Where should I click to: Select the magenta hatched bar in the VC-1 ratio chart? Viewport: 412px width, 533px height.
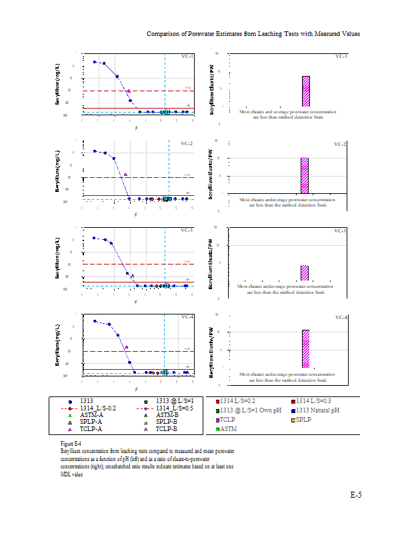pos(306,91)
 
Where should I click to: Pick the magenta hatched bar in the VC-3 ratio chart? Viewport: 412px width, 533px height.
pos(305,272)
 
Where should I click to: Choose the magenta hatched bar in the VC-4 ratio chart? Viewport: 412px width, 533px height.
pos(305,348)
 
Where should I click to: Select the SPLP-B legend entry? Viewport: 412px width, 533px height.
pos(166,422)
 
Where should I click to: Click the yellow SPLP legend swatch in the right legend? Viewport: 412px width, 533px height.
pos(293,420)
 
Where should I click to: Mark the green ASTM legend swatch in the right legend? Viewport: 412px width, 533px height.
pos(217,430)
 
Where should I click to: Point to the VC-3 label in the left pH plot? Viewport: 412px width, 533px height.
pos(187,231)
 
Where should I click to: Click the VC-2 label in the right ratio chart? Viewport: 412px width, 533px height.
pos(340,144)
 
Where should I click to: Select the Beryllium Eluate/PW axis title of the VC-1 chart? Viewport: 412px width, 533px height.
pos(211,85)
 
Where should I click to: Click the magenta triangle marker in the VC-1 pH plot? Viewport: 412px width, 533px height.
pos(128,90)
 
